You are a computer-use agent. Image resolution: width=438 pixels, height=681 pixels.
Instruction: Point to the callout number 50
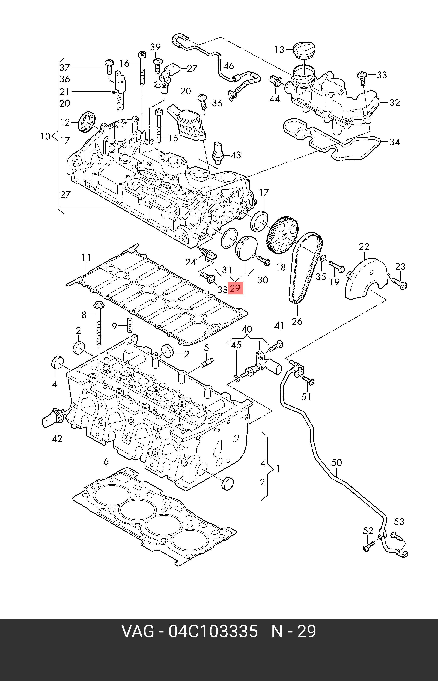click(336, 463)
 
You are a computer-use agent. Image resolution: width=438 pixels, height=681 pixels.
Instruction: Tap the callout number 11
click(86, 258)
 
